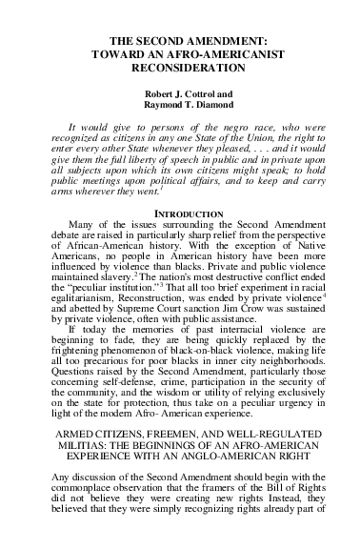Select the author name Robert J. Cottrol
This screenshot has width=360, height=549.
(x=180, y=96)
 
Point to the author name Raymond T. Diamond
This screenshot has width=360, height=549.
(x=180, y=109)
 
